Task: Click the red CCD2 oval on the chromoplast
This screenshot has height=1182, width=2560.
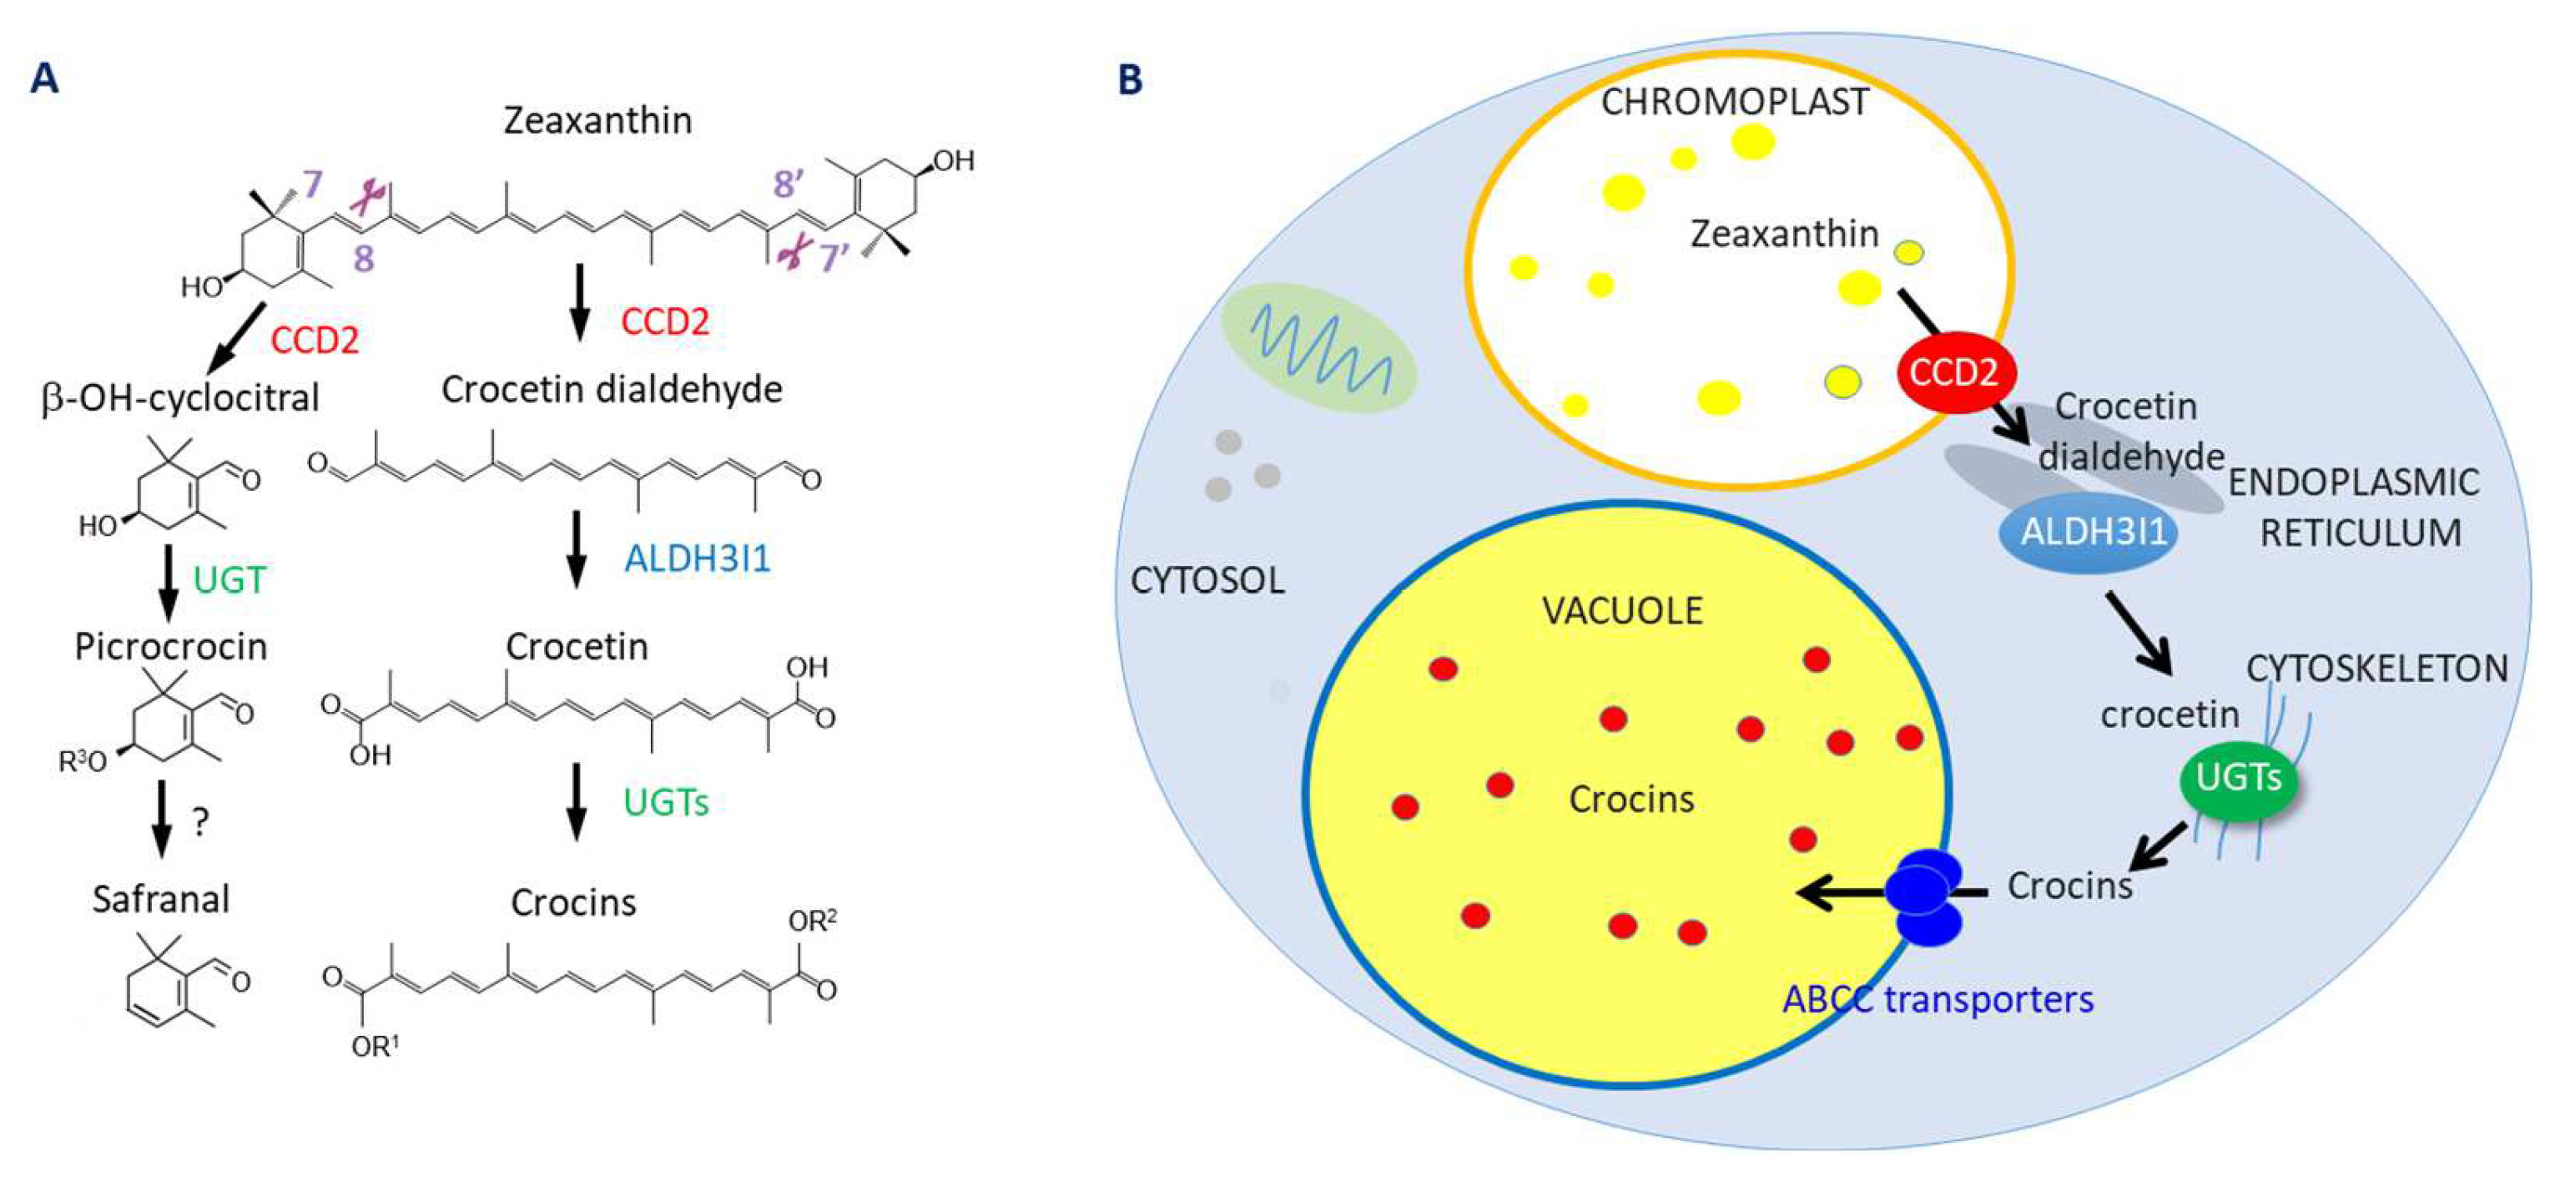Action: point(1953,371)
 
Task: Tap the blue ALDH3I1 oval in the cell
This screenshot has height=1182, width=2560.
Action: point(2093,533)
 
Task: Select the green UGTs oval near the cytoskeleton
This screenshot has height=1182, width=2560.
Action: point(2238,778)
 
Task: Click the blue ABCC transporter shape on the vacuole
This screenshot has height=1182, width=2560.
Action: point(1926,894)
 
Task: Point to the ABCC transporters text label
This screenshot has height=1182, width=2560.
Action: point(1938,999)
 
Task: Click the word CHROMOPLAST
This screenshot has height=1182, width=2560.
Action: point(1734,103)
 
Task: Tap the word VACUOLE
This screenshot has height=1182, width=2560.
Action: point(1622,610)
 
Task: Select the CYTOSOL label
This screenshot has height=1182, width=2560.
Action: point(1207,580)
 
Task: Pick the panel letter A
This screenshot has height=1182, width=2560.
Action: point(45,78)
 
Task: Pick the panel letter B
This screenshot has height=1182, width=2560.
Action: point(1130,79)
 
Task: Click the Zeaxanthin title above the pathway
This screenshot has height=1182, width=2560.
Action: point(597,120)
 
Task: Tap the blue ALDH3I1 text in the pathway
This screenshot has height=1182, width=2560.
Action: point(698,559)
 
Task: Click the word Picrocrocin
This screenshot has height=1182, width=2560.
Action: point(171,647)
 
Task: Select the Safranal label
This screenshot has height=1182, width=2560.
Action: point(161,899)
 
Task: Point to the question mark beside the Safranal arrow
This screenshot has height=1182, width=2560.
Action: point(201,822)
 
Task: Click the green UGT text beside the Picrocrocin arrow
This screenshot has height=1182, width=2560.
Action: point(229,579)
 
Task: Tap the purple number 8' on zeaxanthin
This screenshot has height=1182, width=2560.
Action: point(788,183)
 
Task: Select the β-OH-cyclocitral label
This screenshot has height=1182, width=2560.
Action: point(180,397)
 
